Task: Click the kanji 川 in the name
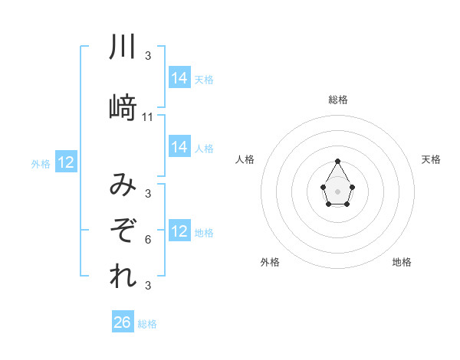(x=123, y=47)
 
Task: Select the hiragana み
(x=123, y=185)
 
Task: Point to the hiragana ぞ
(x=123, y=230)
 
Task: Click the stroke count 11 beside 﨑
(x=148, y=117)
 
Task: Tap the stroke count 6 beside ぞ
(x=148, y=239)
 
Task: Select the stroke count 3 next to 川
(x=148, y=56)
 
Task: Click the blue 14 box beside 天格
(x=179, y=78)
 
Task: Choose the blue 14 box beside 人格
(x=179, y=147)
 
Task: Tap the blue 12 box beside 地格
(x=179, y=231)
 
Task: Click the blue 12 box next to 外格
(x=65, y=162)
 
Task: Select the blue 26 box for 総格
(x=123, y=322)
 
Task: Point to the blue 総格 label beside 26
(x=147, y=324)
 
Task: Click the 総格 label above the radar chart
(x=337, y=100)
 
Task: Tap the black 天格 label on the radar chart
(x=431, y=159)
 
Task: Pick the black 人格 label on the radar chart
(x=245, y=159)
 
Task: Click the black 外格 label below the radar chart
(x=270, y=262)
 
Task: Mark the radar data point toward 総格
(x=337, y=161)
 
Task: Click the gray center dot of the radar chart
(x=337, y=190)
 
